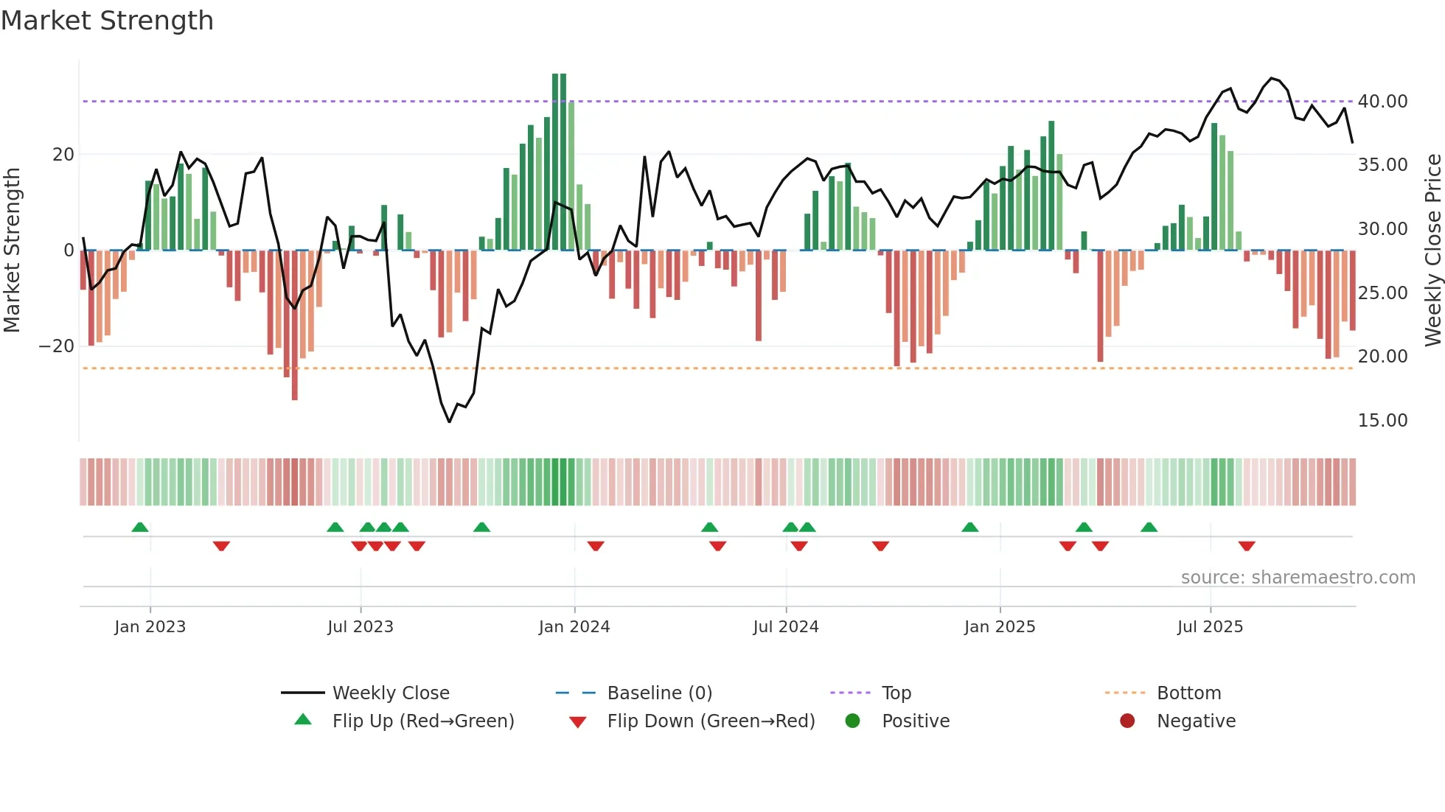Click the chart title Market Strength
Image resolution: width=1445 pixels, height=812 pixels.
tap(107, 21)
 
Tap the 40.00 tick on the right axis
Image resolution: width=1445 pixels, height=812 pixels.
tap(1382, 102)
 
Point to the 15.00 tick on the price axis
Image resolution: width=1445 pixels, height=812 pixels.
tap(1382, 421)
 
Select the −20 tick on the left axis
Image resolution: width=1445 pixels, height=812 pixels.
tap(57, 346)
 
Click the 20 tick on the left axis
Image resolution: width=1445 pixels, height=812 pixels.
tap(63, 155)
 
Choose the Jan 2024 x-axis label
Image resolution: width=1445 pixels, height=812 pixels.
tap(574, 627)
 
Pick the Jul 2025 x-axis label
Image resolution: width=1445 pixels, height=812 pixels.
tap(1210, 627)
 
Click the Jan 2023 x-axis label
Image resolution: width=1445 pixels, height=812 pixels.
tap(150, 627)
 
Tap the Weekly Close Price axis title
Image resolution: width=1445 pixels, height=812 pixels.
tap(1432, 251)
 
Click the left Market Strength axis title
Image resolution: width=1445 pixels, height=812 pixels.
tap(12, 251)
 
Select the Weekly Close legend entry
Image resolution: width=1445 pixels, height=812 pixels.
tap(390, 693)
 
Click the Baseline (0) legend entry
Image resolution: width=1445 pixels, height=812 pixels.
tap(659, 693)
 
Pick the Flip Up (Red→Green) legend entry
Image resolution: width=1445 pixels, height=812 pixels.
tap(422, 721)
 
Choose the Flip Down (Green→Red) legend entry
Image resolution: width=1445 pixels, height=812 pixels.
tap(711, 721)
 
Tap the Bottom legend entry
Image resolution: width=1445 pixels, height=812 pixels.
tap(1188, 693)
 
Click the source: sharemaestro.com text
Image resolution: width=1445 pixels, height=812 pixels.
tap(1298, 578)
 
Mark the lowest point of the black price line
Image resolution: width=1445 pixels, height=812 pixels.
tap(449, 421)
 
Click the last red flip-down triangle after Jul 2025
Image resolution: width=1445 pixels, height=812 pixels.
tap(1247, 546)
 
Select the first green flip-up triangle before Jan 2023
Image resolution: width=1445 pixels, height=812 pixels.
tap(140, 527)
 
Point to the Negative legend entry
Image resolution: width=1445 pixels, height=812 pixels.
tap(1196, 721)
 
